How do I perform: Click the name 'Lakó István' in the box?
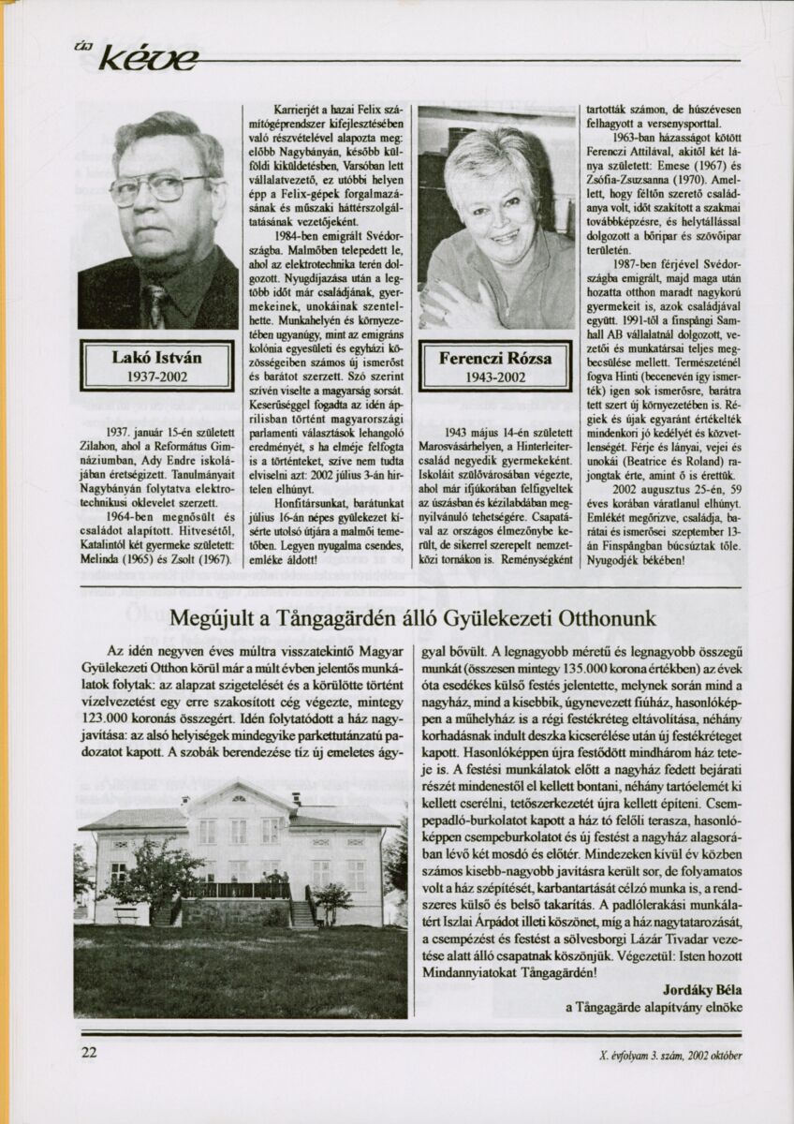tap(156, 357)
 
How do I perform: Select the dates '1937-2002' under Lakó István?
tap(156, 377)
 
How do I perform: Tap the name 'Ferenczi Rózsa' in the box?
tap(494, 358)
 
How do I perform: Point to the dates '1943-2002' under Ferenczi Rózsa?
tap(494, 377)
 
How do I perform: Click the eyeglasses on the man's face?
tap(159, 188)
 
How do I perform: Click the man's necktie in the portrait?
tap(157, 305)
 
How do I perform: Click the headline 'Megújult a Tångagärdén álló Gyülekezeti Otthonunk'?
tap(413, 619)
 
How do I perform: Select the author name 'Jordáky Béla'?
tap(701, 988)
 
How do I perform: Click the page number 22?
tap(89, 1052)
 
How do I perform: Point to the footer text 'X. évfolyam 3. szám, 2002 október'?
tap(670, 1055)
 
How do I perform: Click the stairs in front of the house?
tap(302, 913)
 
